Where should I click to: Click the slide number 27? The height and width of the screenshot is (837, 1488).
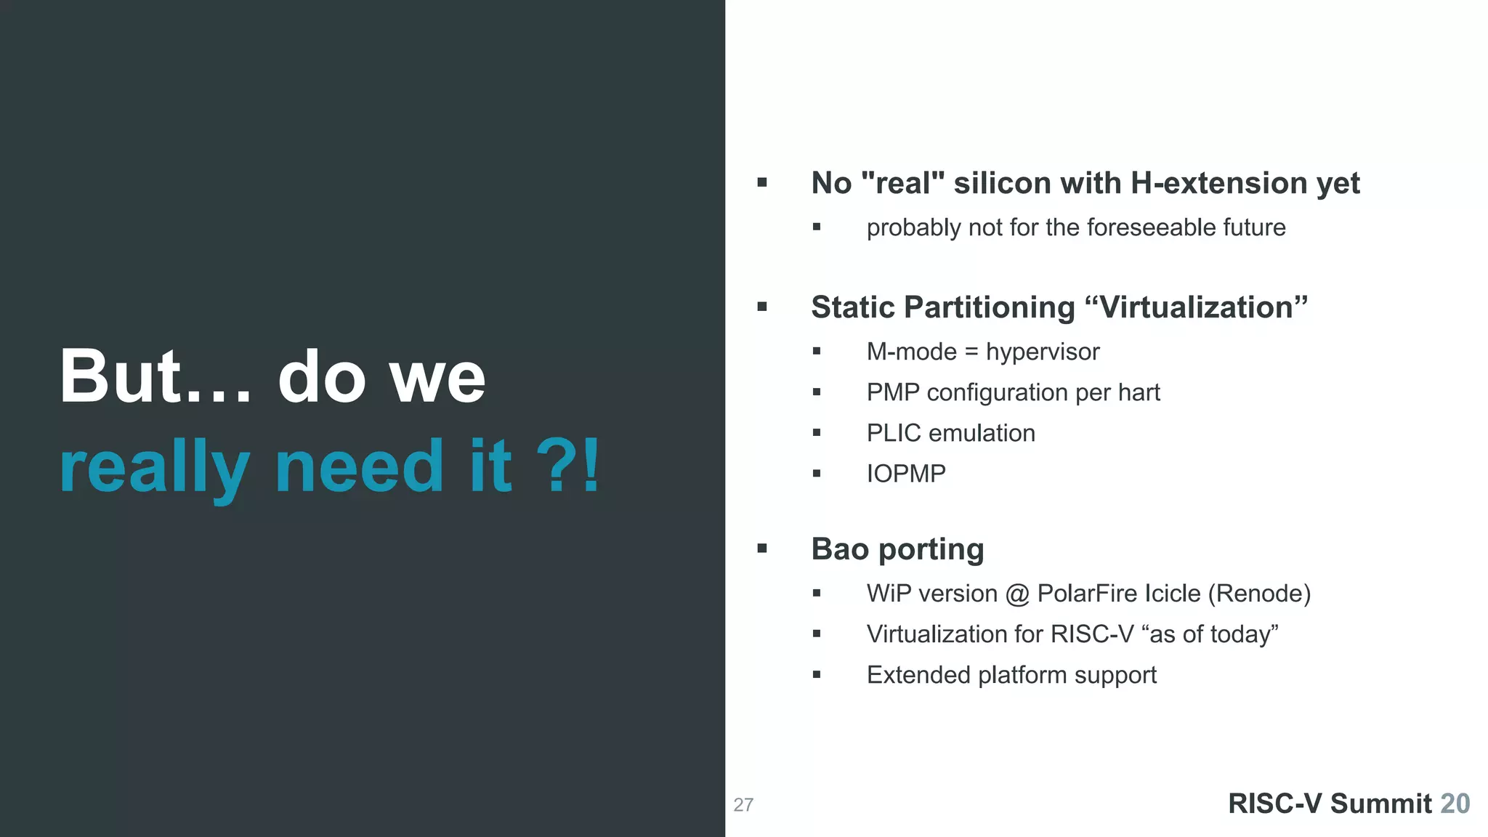coord(743,805)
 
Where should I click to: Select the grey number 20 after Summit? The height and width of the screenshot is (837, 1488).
coord(1455,804)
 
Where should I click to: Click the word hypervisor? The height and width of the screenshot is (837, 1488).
coord(1043,352)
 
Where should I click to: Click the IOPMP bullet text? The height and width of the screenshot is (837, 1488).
coord(906,474)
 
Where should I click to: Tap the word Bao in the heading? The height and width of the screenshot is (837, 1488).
coord(840,549)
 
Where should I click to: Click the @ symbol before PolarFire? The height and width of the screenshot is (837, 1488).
coord(1017,594)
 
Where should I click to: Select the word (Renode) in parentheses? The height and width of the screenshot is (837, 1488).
coord(1259,594)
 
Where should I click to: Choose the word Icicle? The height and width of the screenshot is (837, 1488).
coord(1173,594)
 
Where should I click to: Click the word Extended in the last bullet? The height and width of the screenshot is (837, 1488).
coord(918,675)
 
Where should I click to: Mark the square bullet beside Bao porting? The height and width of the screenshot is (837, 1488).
coord(762,549)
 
